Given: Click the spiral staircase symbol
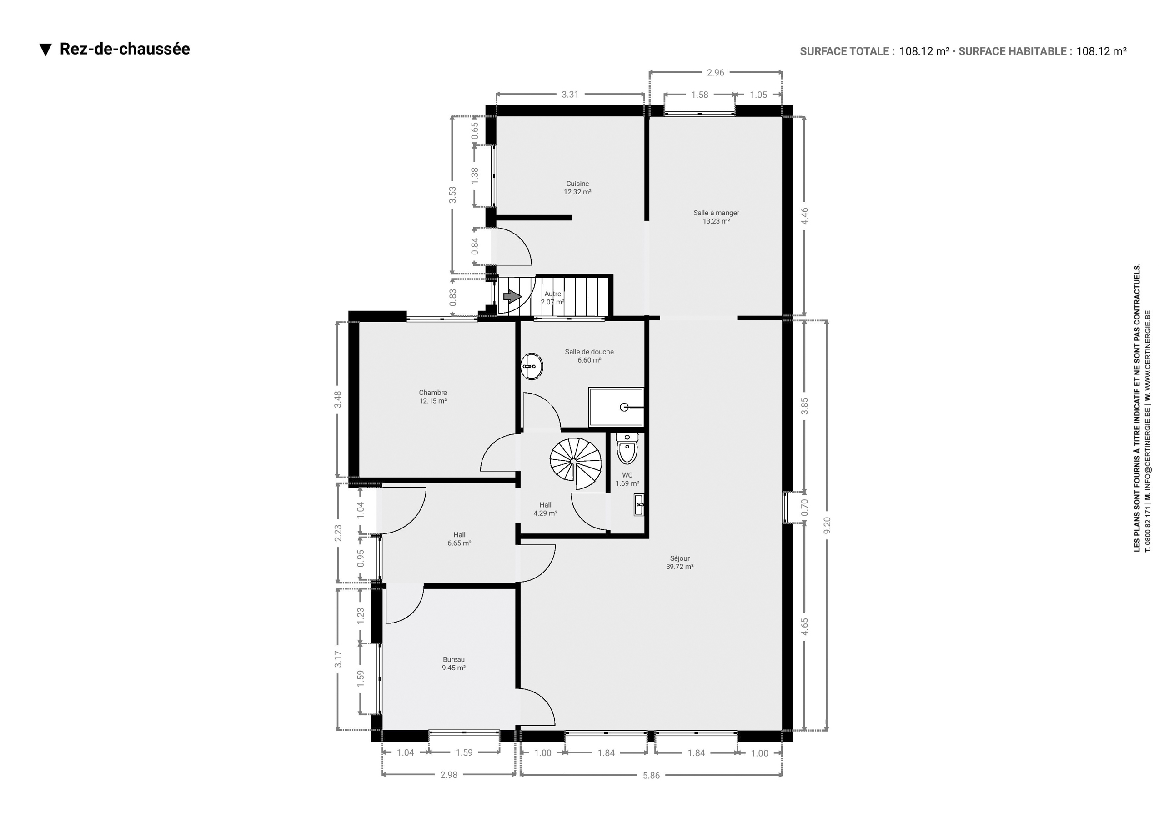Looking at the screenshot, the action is click(x=576, y=463).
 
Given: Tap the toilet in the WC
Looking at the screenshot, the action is click(x=627, y=448).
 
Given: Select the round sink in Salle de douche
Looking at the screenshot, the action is click(x=532, y=366).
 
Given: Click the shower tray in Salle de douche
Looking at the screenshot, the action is click(x=616, y=407).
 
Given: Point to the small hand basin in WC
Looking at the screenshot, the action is click(x=639, y=505).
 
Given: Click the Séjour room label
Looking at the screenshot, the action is click(x=680, y=563).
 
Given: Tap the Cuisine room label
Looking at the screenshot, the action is click(x=577, y=188).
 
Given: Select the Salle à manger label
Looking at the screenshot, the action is click(x=716, y=217).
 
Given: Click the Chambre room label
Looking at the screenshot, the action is click(x=433, y=396).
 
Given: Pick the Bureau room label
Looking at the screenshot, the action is click(x=454, y=663).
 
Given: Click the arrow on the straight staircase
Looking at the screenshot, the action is click(x=512, y=296).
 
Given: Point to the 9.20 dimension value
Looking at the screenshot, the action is click(x=827, y=525).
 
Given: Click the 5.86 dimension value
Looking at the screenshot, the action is click(x=651, y=775).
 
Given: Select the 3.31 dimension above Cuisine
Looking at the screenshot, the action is click(x=570, y=94).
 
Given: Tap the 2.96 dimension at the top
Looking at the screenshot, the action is click(x=715, y=72).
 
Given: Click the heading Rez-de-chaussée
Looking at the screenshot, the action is click(x=125, y=49).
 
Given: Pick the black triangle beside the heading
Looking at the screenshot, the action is click(x=45, y=50).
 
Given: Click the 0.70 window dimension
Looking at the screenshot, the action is click(x=804, y=507).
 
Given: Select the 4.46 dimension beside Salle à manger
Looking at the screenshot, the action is click(x=804, y=216).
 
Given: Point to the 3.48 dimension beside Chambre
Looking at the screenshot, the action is click(x=338, y=399).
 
